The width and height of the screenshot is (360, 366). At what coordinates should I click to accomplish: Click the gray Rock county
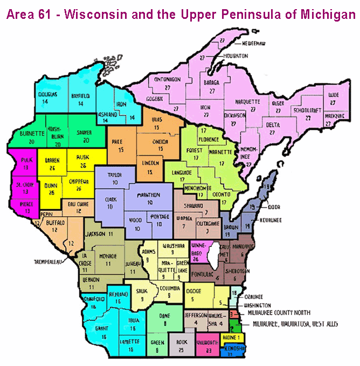pyautogui.click(x=181, y=343)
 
